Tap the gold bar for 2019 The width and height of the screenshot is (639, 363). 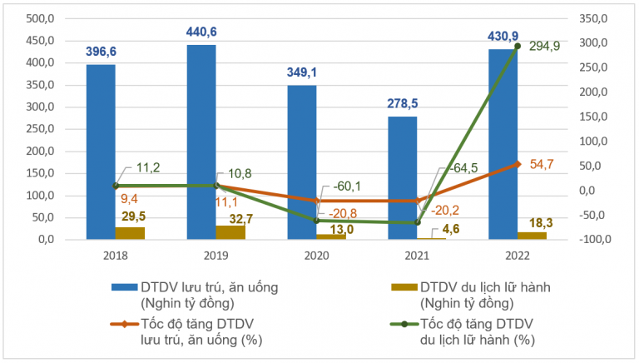point(230,232)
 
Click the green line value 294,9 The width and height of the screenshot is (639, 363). point(544,47)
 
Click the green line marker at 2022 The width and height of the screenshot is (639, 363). point(518,46)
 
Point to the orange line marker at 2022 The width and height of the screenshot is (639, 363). point(518,164)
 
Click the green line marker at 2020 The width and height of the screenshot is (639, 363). point(316,221)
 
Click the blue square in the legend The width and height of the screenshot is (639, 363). point(121,286)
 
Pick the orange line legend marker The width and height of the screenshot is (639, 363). point(121,325)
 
